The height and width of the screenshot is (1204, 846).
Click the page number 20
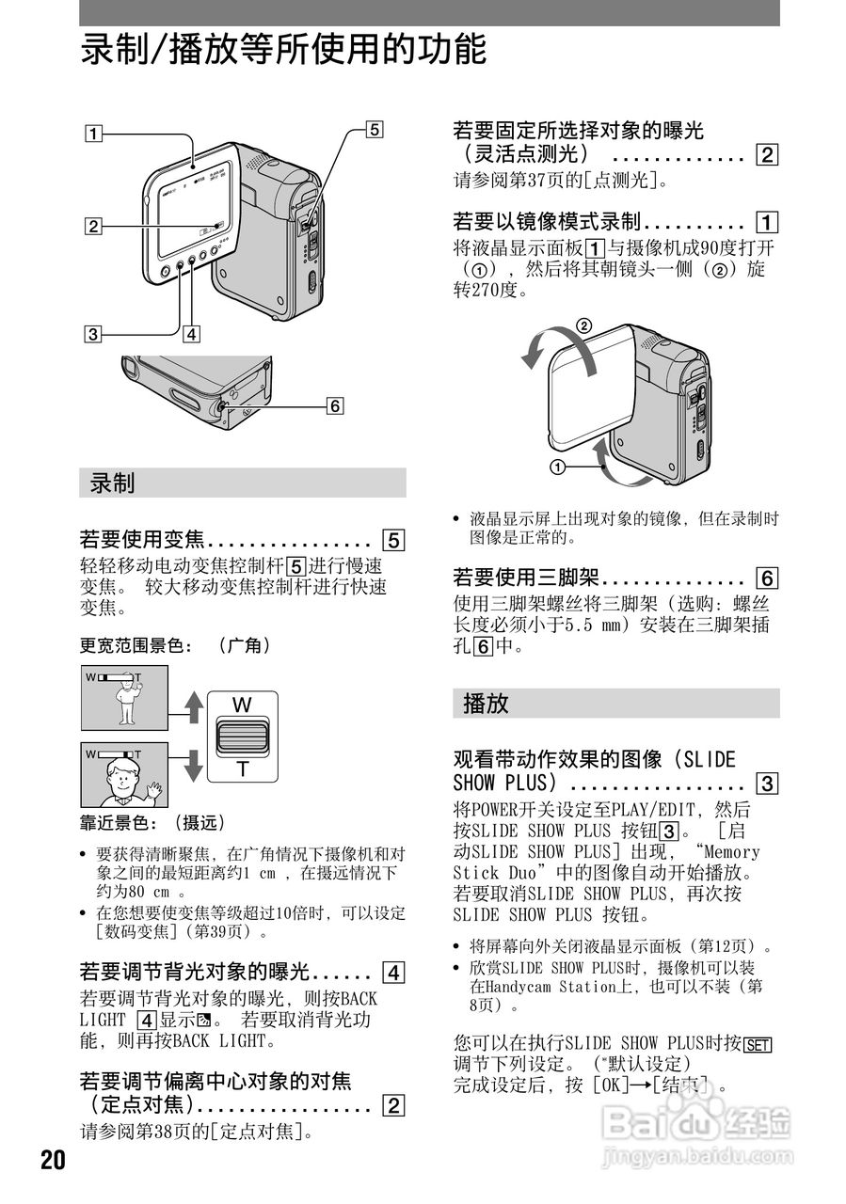pyautogui.click(x=53, y=1160)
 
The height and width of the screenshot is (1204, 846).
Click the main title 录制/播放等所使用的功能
pyautogui.click(x=283, y=49)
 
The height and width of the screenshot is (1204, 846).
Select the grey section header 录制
pyautogui.click(x=112, y=483)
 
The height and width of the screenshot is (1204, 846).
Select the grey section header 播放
pyautogui.click(x=486, y=704)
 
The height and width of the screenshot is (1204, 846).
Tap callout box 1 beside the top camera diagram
pyautogui.click(x=92, y=133)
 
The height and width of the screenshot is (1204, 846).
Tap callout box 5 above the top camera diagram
pyautogui.click(x=374, y=131)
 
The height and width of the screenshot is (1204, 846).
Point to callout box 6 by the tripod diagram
pyautogui.click(x=333, y=406)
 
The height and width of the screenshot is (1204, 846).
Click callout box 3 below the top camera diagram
pyautogui.click(x=92, y=332)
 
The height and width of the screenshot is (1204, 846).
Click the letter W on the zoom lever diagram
pyautogui.click(x=243, y=704)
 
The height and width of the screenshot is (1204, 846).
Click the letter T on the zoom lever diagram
pyautogui.click(x=243, y=768)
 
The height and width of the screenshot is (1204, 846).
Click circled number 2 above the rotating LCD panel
pyautogui.click(x=583, y=327)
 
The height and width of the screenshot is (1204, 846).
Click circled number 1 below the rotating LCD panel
pyautogui.click(x=557, y=467)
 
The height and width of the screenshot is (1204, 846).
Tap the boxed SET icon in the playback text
pyautogui.click(x=758, y=1043)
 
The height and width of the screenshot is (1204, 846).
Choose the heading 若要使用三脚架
pyautogui.click(x=528, y=578)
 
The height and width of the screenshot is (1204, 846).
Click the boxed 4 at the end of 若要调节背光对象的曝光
pyautogui.click(x=393, y=973)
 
